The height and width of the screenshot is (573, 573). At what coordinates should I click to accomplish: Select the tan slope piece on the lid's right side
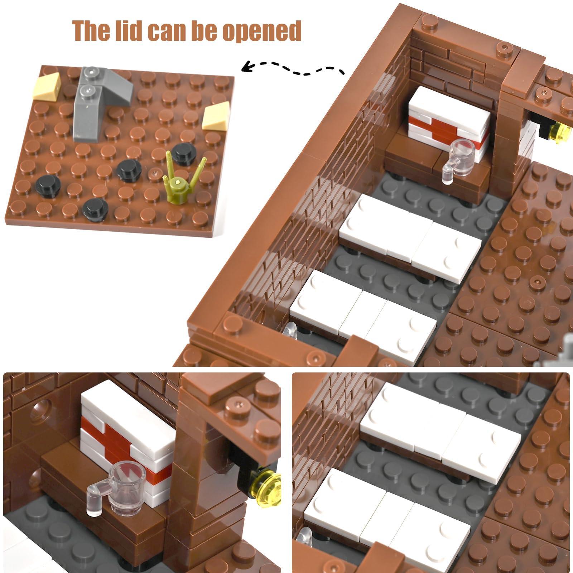(x=216, y=116)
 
